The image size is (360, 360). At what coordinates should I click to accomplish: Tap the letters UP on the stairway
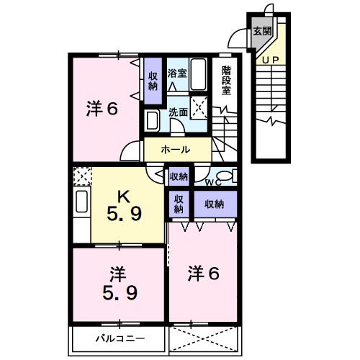tap(271, 59)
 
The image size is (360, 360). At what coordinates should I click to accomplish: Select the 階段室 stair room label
tap(226, 80)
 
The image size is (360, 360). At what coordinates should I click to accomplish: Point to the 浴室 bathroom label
tap(176, 72)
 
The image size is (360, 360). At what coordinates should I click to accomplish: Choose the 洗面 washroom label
tap(178, 112)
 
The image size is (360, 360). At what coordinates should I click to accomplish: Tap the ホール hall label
tap(176, 150)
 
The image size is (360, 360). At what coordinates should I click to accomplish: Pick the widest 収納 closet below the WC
tap(214, 204)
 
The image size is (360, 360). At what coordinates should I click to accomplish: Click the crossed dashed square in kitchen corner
tap(81, 175)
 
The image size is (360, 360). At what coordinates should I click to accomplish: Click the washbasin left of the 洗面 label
tap(153, 120)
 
